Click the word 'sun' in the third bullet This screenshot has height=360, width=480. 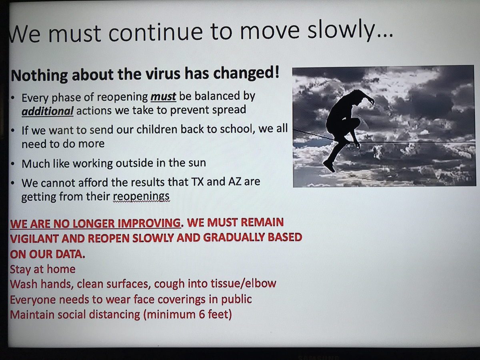pos(197,164)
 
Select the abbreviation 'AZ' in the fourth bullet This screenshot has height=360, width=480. pos(235,182)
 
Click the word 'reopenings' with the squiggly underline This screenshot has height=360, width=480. pos(141,197)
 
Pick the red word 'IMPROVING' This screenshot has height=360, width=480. pos(149,223)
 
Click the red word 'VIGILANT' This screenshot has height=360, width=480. pos(34,239)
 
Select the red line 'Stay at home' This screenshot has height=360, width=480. pos(43,269)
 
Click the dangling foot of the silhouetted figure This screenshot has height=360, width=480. pos(329,166)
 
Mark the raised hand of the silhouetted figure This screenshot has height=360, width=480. pos(371,101)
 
